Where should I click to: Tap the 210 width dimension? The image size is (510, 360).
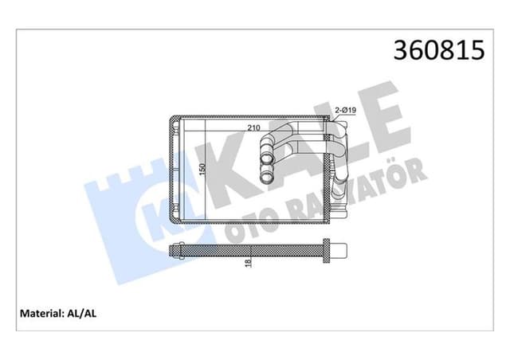point(253,128)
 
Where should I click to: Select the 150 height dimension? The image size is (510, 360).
point(202,170)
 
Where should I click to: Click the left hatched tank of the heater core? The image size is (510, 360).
point(176,170)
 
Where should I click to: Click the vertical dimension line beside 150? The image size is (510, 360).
point(208,170)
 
